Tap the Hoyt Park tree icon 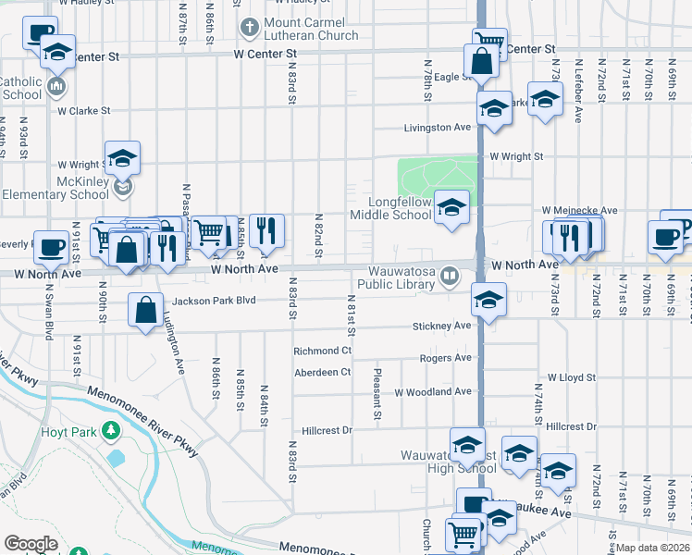tap(110, 431)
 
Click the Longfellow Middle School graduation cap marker tap(451, 207)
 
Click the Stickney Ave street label tap(442, 326)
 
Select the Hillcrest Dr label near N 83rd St tap(327, 431)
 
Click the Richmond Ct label tap(322, 351)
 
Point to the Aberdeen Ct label tap(322, 372)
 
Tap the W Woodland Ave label tap(432, 392)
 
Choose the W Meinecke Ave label tap(579, 211)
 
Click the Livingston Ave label tap(438, 128)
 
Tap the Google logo tap(31, 544)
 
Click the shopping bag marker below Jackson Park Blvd tap(147, 312)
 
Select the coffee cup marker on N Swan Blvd tap(51, 246)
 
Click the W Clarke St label tap(83, 111)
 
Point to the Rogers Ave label tap(445, 358)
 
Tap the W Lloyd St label tap(570, 378)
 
